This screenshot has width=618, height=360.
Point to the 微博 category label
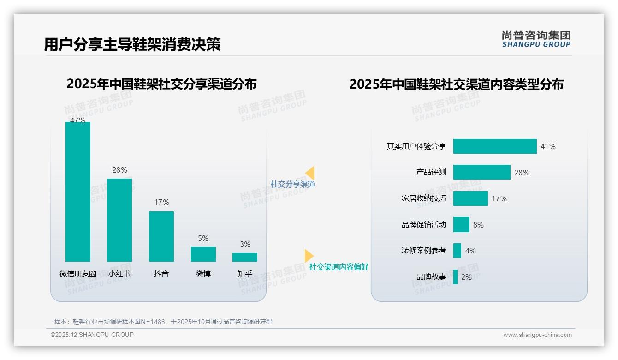click(x=203, y=274)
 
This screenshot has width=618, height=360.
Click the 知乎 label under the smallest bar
click(x=245, y=274)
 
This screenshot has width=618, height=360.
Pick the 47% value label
click(x=77, y=120)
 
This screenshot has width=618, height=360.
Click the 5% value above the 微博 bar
click(x=203, y=239)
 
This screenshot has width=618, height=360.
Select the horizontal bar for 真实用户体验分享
click(x=495, y=146)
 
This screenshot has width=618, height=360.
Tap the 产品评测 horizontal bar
click(x=481, y=172)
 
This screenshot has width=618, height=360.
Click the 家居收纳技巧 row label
click(x=424, y=198)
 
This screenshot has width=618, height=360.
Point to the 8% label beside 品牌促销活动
click(x=478, y=225)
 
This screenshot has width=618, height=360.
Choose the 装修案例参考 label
click(x=424, y=251)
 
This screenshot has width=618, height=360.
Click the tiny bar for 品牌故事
click(x=456, y=277)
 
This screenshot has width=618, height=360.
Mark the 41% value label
click(x=548, y=146)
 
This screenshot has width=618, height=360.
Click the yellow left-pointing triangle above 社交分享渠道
click(x=310, y=173)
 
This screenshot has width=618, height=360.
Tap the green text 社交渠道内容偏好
click(x=339, y=267)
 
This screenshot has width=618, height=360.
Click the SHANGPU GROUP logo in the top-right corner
click(x=536, y=39)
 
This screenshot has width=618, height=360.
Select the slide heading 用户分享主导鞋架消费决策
click(x=132, y=44)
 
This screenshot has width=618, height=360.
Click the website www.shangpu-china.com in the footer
click(x=537, y=335)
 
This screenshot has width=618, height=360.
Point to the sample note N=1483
click(x=163, y=322)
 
